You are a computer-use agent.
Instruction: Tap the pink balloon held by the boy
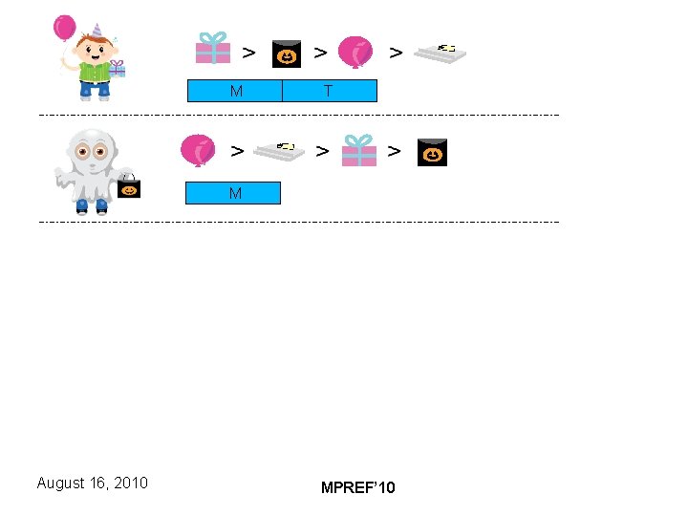tap(65, 28)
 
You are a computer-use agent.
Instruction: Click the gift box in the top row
tap(213, 48)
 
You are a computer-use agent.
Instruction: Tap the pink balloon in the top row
tap(355, 52)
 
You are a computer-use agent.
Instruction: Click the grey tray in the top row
tap(440, 53)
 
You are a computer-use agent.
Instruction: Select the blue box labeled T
tap(329, 91)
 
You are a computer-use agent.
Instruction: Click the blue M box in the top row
tap(234, 91)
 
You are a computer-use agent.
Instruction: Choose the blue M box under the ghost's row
tap(233, 194)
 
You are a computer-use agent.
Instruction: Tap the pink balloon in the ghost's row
tap(198, 150)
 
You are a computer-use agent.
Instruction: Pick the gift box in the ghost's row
tap(359, 150)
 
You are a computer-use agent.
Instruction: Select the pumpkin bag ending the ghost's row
tap(432, 152)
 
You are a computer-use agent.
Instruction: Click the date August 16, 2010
tap(92, 483)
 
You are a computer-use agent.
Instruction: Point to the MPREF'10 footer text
tap(357, 488)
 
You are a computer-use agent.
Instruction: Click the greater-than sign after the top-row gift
tap(248, 52)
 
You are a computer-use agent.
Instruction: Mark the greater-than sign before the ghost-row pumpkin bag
tap(394, 150)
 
